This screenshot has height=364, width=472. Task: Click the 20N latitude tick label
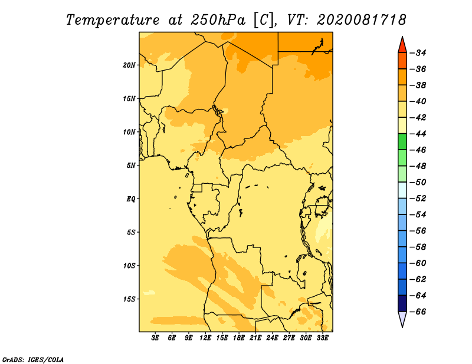pos(129,65)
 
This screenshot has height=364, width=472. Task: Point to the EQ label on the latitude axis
pos(131,199)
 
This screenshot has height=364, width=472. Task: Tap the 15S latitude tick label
pos(129,299)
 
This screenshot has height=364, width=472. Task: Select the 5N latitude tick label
pos(131,166)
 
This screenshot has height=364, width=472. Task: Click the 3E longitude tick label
pos(155,337)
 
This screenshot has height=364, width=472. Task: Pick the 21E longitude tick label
pos(255,337)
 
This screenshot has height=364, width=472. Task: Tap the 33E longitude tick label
pos(322,337)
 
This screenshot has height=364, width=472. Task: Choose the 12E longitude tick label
pos(205,337)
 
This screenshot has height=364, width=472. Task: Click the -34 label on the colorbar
pos(418,53)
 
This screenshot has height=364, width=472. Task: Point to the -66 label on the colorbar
pos(418,312)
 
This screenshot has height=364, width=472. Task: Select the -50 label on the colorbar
pos(418,182)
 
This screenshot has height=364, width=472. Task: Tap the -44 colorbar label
pos(418,134)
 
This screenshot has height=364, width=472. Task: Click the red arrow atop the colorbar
pos(402,46)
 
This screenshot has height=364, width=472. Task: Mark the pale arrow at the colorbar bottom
pos(402,318)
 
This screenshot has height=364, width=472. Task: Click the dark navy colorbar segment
pos(402,303)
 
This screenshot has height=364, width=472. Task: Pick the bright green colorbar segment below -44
pos(402,142)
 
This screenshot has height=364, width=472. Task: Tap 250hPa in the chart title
pos(218,20)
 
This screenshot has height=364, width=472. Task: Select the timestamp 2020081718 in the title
pos(362,20)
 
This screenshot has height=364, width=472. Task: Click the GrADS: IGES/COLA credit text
pos(33,359)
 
